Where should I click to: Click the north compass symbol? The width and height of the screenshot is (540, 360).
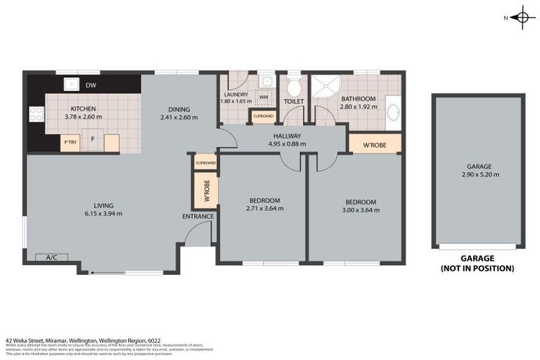coord(521,18)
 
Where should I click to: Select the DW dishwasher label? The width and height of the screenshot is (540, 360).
coord(91,86)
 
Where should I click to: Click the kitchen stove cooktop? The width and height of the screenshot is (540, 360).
coord(36,114)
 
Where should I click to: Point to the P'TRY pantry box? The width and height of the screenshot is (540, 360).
coord(70,143)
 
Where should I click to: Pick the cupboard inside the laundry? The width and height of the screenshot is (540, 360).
coord(263,116)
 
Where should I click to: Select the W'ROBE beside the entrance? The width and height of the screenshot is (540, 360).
coord(207,191)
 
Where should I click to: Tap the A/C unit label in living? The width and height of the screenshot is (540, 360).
coord(51,257)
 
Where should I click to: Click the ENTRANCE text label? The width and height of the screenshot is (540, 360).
coord(198,216)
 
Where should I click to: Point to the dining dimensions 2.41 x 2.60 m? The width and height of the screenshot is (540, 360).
coord(179,117)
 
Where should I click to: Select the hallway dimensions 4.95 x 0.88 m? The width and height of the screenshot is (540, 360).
coord(288,144)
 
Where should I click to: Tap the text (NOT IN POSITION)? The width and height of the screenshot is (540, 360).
coord(477,269)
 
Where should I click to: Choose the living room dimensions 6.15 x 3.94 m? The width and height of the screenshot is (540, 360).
coord(103,213)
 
